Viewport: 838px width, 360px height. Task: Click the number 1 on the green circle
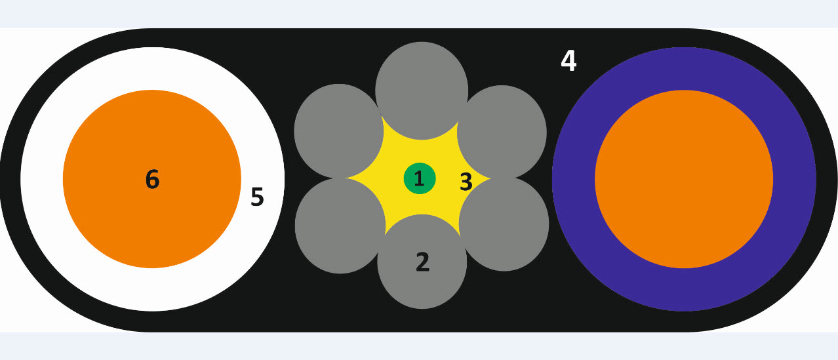419,178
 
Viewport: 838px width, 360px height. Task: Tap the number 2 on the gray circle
422,262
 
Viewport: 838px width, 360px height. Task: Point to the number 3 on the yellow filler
466,182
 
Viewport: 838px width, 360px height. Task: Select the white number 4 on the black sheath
569,61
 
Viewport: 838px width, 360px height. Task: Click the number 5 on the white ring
257,197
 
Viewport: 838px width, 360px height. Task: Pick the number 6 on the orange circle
152,179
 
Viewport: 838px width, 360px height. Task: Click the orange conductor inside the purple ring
684,179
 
